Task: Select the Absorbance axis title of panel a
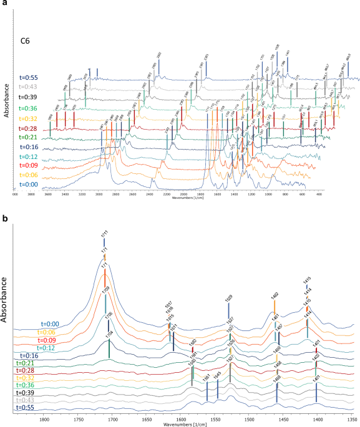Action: point(6,99)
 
